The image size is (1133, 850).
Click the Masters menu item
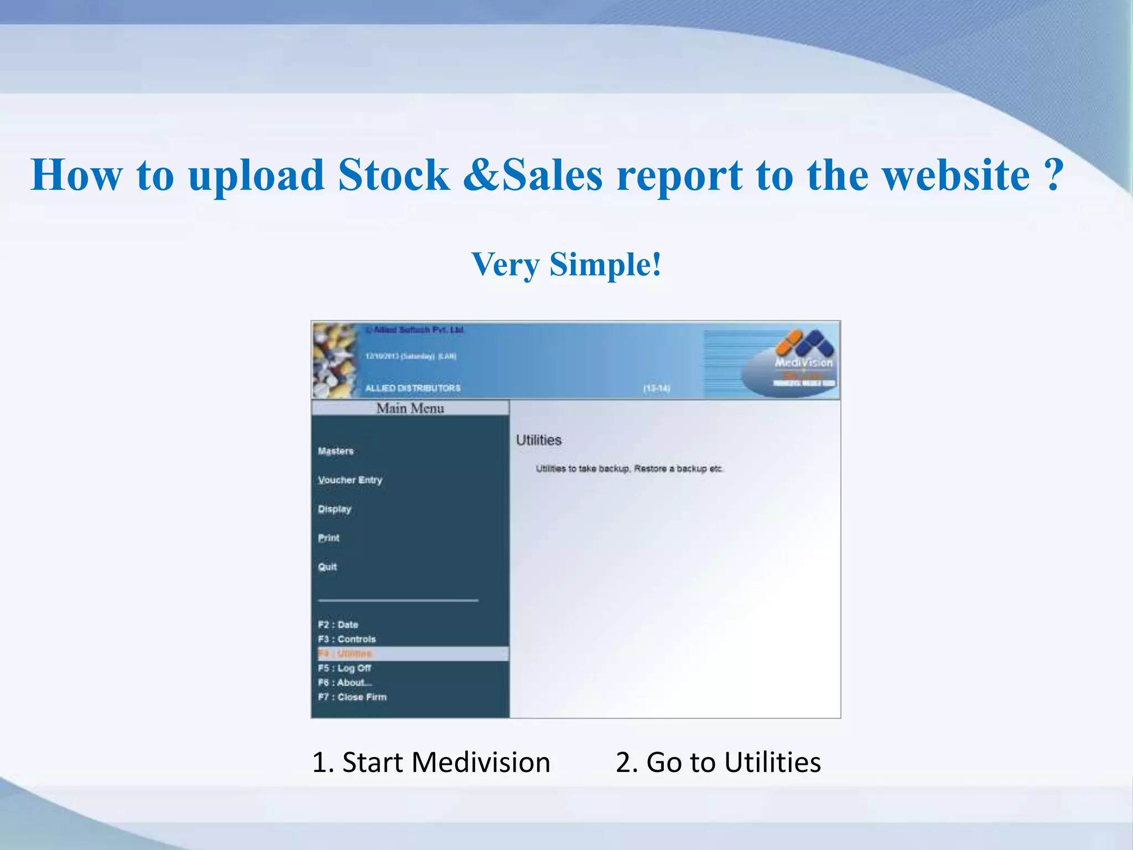pyautogui.click(x=336, y=451)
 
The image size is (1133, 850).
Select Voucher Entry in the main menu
pyautogui.click(x=350, y=480)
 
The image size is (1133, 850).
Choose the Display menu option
pyautogui.click(x=335, y=509)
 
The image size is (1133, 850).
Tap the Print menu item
pyautogui.click(x=329, y=538)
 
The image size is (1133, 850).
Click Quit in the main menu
pyautogui.click(x=328, y=567)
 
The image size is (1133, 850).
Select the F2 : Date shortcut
pyautogui.click(x=338, y=625)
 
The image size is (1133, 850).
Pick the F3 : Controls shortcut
pyautogui.click(x=347, y=639)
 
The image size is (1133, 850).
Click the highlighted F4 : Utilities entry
pyautogui.click(x=345, y=654)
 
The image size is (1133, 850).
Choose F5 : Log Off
pyautogui.click(x=344, y=668)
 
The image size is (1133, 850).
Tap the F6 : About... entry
pyautogui.click(x=345, y=682)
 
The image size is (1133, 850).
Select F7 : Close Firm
pyautogui.click(x=352, y=697)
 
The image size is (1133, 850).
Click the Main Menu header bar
pyautogui.click(x=410, y=408)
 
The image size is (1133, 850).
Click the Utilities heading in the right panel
pyautogui.click(x=539, y=440)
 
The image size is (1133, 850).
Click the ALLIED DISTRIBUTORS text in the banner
pyautogui.click(x=413, y=388)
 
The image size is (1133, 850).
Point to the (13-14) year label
pyautogui.click(x=657, y=388)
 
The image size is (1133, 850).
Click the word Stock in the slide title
pyautogui.click(x=394, y=175)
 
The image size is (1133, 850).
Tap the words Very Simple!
pyautogui.click(x=566, y=264)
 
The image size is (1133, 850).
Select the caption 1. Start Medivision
pyautogui.click(x=431, y=762)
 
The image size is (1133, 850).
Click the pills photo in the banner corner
pyautogui.click(x=335, y=360)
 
